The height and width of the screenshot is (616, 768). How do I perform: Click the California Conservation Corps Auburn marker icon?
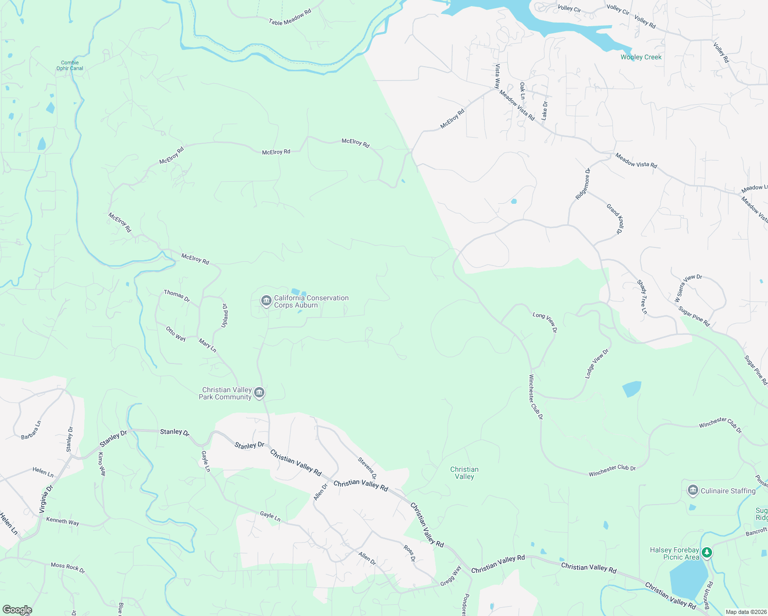266,301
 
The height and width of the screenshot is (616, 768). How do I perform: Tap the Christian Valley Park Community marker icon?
259,393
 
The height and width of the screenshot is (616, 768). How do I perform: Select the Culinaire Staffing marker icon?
693,491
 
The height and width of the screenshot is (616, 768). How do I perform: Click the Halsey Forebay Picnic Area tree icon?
707,553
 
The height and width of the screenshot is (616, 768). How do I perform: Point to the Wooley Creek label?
641,57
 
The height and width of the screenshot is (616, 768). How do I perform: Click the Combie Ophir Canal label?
70,65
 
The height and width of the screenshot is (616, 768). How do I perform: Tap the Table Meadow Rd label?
290,17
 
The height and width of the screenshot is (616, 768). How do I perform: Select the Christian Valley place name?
464,473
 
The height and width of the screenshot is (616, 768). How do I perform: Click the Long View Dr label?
545,322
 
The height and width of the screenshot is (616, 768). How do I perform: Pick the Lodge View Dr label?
597,363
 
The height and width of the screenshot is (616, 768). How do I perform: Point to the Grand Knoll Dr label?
615,219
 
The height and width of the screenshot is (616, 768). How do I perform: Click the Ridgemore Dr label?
583,183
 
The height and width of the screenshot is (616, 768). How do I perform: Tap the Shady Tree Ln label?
642,297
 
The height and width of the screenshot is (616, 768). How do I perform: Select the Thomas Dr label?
177,296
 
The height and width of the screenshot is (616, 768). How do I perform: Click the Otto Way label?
176,334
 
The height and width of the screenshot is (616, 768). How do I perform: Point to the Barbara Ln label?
31,430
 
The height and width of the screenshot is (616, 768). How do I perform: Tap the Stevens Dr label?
367,468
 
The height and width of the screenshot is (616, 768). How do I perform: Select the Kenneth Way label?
63,521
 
